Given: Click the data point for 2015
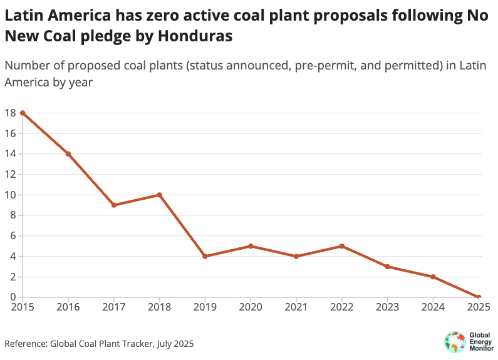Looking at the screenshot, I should (x=23, y=113).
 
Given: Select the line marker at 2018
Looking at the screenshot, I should (x=160, y=195).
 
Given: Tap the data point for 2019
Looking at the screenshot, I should (x=205, y=256).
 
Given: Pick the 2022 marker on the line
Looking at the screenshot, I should (x=342, y=246).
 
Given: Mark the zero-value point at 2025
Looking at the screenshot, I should (x=479, y=297).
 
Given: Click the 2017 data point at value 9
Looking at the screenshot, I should (x=114, y=205).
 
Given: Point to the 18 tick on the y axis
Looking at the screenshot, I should (x=9, y=113).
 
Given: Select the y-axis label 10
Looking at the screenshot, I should (x=9, y=195).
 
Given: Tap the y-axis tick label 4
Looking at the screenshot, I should (x=13, y=256).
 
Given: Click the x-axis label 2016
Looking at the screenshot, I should (x=68, y=307).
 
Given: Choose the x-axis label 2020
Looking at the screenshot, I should (x=251, y=307).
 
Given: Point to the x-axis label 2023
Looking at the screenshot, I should (x=388, y=307).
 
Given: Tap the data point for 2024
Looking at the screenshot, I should (x=433, y=277).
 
